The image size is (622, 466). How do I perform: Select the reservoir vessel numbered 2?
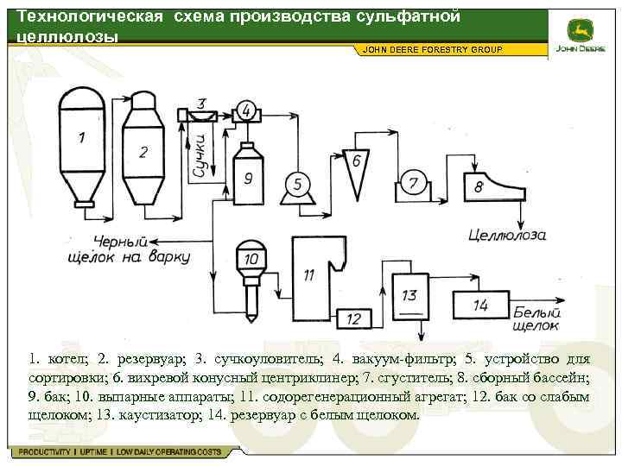[x=143, y=152]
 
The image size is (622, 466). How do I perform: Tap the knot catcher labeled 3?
[x=203, y=113]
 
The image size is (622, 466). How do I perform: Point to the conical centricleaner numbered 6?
[x=355, y=167]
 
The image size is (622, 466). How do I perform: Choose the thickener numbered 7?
[x=414, y=184]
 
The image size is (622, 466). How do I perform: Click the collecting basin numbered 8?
[x=488, y=186]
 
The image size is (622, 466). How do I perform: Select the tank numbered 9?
[x=249, y=176]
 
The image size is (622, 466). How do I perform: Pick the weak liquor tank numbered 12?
[x=353, y=318]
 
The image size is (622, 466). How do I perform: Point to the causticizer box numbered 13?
[x=409, y=297]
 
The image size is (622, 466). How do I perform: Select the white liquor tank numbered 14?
[x=480, y=305]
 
